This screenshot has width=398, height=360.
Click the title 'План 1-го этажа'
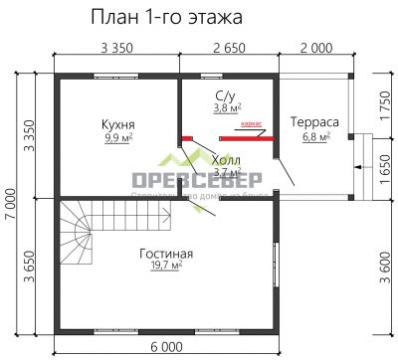(166, 18)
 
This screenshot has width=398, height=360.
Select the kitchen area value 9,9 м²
(118, 138)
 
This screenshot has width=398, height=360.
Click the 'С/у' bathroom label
(225, 94)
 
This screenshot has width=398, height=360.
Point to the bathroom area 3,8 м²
(228, 107)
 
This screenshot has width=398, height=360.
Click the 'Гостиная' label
(166, 254)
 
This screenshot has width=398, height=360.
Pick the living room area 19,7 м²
(166, 268)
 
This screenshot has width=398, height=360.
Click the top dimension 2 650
(230, 47)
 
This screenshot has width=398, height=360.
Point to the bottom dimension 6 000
(166, 349)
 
